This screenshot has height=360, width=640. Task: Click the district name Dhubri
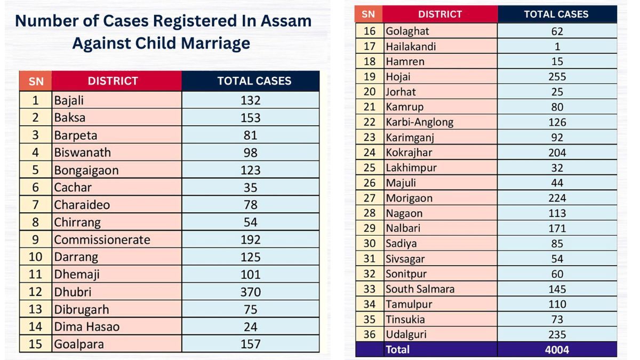point(73,292)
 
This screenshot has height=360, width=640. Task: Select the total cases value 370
point(250,292)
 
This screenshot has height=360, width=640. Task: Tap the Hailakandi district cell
point(411,46)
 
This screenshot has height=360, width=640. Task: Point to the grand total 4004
point(557,350)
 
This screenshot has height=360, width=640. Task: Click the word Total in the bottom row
point(398,350)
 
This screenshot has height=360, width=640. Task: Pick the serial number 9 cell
point(35,239)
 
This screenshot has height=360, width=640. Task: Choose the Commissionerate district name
point(102,239)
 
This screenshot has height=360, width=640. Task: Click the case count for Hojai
point(557,76)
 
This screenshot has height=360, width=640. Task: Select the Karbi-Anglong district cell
point(419,122)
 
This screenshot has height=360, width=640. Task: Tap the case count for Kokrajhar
point(557,153)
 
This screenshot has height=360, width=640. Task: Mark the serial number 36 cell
point(370,334)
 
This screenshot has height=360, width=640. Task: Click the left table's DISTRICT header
point(113,81)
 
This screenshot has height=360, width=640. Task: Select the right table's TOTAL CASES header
point(556,14)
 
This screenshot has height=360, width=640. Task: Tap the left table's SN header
point(36,82)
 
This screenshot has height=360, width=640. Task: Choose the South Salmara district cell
point(420,289)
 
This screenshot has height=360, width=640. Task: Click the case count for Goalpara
point(250,344)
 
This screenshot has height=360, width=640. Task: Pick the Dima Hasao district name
point(86,326)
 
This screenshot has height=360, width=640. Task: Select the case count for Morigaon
point(557,198)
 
